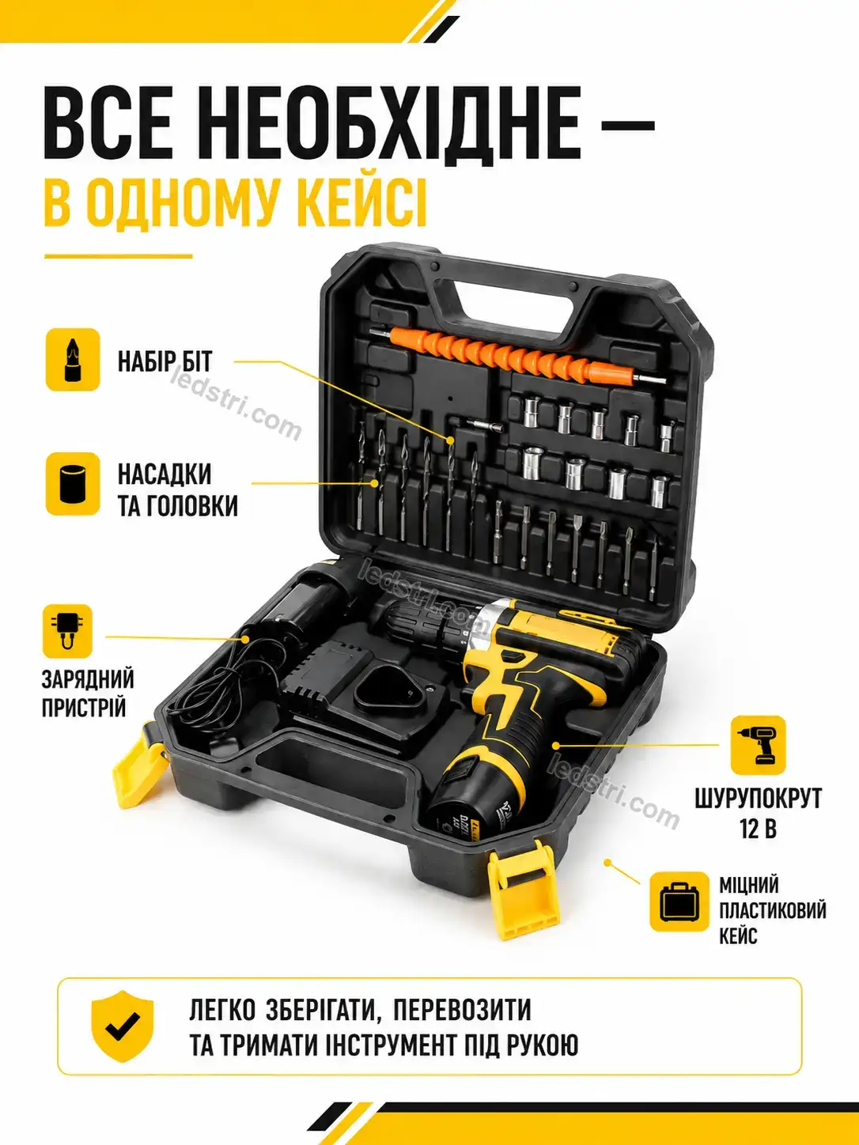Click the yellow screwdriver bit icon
click(73, 360)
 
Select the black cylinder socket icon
click(73, 484)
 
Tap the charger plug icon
click(67, 631)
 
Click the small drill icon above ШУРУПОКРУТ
click(758, 745)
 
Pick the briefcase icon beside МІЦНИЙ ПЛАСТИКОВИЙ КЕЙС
click(679, 901)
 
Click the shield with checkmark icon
click(122, 1026)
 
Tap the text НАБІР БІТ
click(165, 361)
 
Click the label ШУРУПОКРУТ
click(758, 798)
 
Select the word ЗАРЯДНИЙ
click(88, 679)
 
